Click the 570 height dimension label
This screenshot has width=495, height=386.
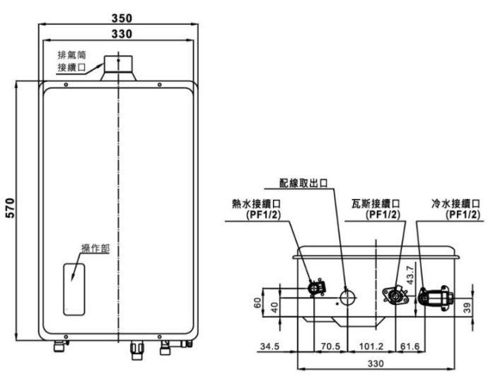[11, 208]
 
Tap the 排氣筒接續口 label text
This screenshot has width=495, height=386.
[71, 61]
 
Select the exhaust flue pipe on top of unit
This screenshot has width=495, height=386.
[118, 67]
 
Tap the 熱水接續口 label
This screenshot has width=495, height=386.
[255, 209]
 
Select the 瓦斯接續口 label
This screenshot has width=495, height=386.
[375, 209]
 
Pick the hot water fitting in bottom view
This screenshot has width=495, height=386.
[316, 288]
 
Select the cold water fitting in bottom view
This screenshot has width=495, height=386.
[434, 296]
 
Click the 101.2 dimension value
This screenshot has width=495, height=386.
[371, 346]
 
